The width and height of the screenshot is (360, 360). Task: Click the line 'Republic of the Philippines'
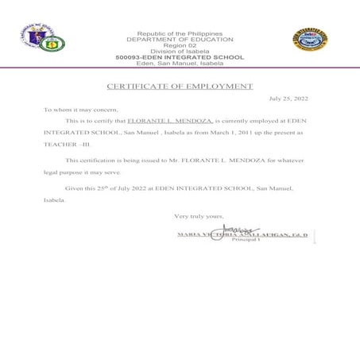click(x=179, y=33)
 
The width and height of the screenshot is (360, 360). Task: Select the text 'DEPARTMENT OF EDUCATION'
click(x=179, y=39)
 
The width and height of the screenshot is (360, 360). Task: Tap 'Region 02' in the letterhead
click(x=179, y=45)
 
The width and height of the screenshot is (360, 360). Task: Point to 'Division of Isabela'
click(x=179, y=52)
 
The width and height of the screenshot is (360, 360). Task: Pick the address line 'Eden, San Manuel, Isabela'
click(x=179, y=64)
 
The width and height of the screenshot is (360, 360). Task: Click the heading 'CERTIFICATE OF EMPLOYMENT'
click(x=180, y=86)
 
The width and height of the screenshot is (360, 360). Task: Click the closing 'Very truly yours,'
click(x=199, y=215)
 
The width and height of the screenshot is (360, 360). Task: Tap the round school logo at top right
click(x=310, y=41)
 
